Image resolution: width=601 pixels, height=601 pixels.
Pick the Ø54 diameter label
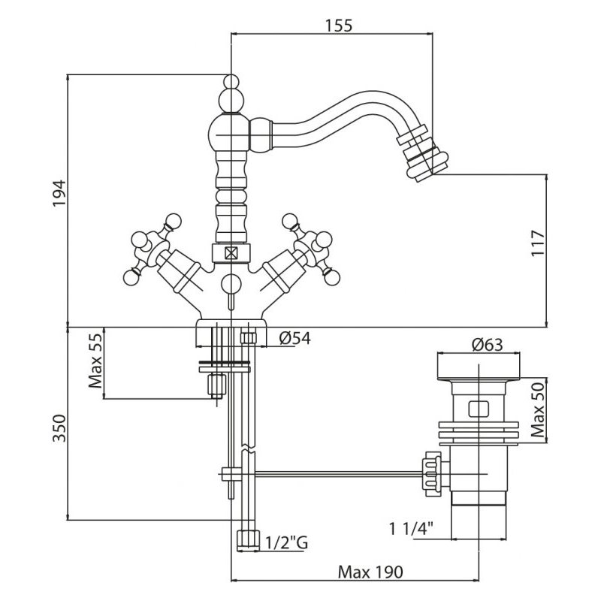coord(291,339)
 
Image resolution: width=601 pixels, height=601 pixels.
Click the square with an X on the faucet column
coord(231,254)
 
